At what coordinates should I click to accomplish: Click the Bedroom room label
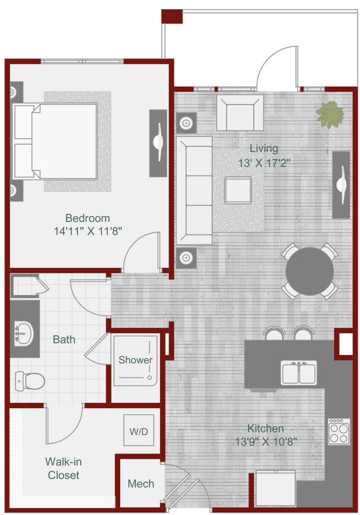tap(87, 218)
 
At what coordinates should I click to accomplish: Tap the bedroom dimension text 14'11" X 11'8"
tap(87, 231)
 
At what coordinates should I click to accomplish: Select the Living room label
tap(264, 148)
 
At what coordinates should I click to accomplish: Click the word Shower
tap(135, 360)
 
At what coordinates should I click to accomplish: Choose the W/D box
tap(139, 431)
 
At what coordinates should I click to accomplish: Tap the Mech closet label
tap(140, 484)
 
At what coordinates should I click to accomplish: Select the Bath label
tap(64, 339)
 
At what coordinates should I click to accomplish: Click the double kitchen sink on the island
tap(299, 372)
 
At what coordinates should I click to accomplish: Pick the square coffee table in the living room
tap(237, 190)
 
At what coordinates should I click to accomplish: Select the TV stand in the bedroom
tap(158, 135)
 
